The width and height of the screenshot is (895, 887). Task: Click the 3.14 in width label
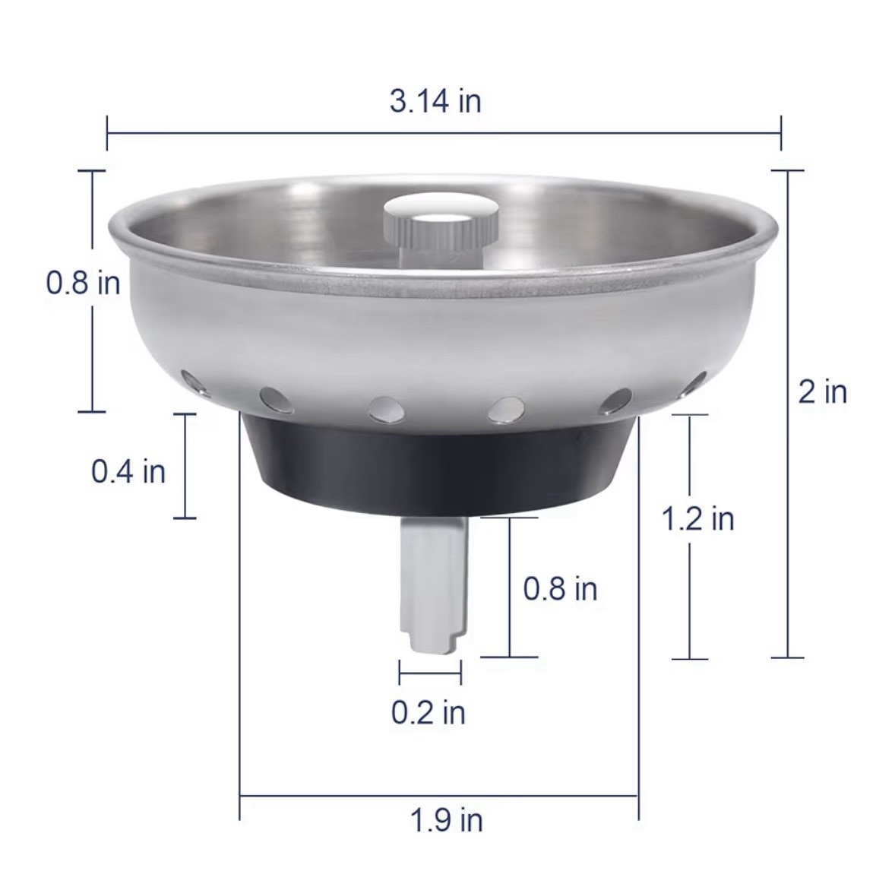point(435,101)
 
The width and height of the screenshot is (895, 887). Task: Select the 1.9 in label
point(446,820)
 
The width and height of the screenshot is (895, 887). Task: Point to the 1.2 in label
point(697,518)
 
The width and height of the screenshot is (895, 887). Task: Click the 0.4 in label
point(128,471)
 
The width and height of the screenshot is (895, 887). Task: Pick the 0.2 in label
point(428,712)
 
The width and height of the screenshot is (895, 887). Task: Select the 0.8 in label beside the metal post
point(561,588)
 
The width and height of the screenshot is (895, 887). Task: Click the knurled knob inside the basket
point(439,229)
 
